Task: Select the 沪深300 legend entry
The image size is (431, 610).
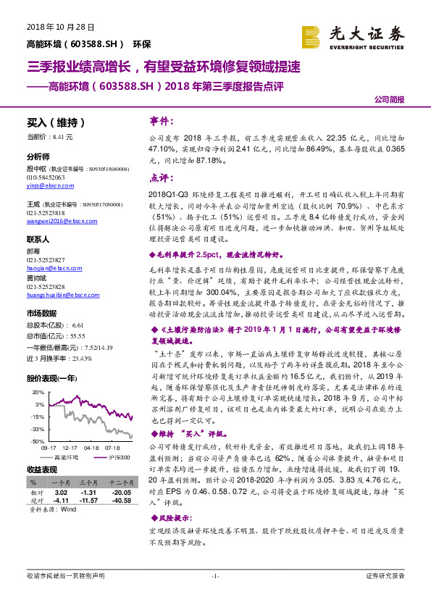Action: pyautogui.click(x=118, y=458)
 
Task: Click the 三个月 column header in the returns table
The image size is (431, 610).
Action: pyautogui.click(x=89, y=481)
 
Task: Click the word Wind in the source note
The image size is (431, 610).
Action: pyautogui.click(x=69, y=509)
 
